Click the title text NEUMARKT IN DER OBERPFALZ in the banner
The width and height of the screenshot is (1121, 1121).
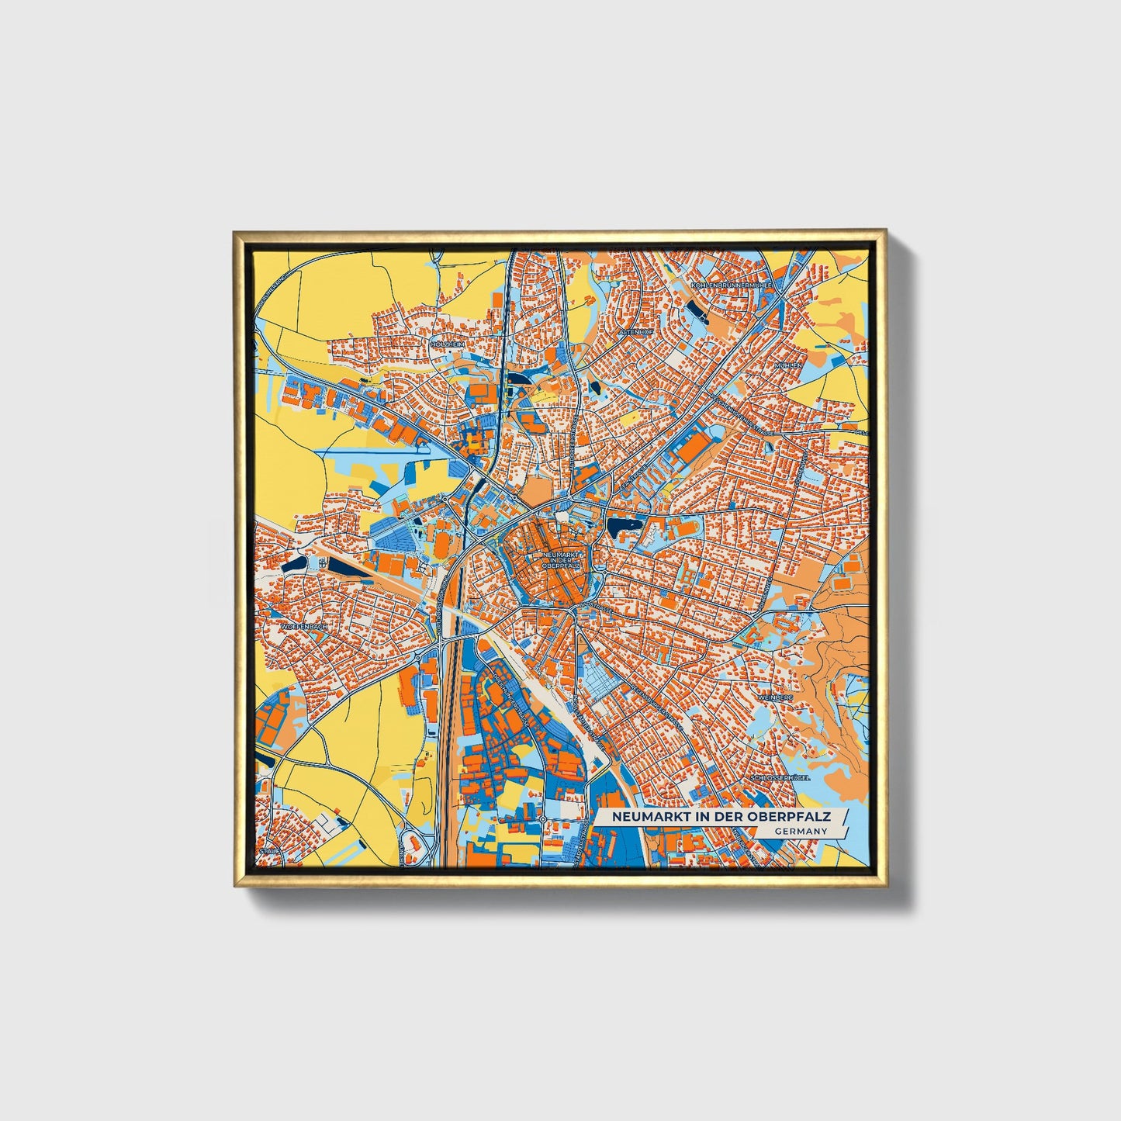coord(721,817)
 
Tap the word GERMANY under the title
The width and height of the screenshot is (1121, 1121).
coord(800,831)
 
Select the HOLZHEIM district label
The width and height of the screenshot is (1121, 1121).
coord(448,344)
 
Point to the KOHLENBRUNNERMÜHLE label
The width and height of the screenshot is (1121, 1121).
coord(731,285)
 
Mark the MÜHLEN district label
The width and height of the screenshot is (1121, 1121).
coord(788,365)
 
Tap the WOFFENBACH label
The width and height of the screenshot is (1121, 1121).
coord(304,625)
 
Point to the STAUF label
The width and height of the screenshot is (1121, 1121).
coord(269,851)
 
